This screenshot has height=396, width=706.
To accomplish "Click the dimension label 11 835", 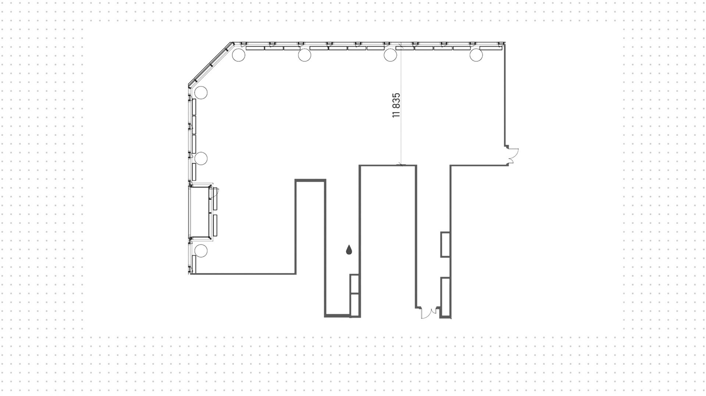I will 396,105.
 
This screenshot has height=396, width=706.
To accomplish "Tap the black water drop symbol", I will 349,250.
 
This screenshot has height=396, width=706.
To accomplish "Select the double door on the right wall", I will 513,155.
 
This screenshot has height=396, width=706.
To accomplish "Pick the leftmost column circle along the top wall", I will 238,55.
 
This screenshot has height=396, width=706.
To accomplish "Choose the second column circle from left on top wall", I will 304,55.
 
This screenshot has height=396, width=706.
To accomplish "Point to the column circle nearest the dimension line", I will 390,55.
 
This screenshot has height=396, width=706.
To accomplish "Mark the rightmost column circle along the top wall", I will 476,55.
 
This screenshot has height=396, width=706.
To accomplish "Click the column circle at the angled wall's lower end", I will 201,93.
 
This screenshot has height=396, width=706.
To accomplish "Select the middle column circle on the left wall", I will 201,158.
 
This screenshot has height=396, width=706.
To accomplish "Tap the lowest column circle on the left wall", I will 201,251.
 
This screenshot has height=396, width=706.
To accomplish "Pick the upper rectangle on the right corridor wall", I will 446,244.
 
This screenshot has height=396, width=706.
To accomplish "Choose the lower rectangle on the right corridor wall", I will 446,296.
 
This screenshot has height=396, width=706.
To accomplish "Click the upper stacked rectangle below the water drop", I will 355,284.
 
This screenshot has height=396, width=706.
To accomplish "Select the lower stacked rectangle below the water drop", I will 355,305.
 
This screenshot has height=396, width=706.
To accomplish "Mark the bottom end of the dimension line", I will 401,165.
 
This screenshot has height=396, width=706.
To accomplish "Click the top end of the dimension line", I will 401,46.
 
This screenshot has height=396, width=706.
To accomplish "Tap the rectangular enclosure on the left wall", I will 201,212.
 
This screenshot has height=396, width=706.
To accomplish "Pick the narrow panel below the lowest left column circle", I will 194,264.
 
